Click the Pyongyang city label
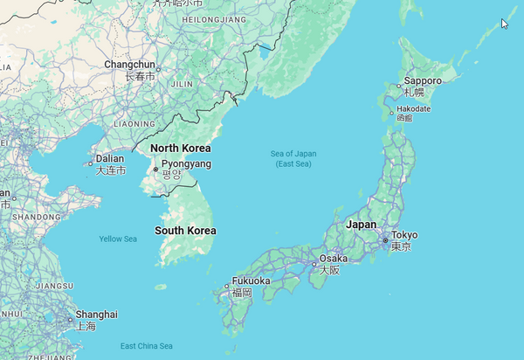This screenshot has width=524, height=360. (186, 163)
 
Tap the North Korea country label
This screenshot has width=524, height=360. (181, 148)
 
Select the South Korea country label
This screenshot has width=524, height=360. (185, 231)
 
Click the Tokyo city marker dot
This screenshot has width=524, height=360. (384, 239)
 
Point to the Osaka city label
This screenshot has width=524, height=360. (334, 259)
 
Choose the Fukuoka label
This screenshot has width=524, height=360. (251, 281)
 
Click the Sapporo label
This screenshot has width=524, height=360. (423, 80)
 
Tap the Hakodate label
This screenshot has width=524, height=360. (414, 108)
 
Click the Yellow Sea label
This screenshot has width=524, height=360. (118, 239)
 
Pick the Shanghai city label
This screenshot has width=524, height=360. (96, 314)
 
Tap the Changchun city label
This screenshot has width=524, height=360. (129, 65)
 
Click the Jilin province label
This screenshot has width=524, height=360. (182, 84)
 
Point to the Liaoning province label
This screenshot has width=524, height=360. (134, 124)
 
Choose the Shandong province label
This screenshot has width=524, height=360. (36, 216)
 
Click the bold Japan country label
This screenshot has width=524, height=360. (362, 225)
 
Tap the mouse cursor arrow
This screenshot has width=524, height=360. (504, 24)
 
